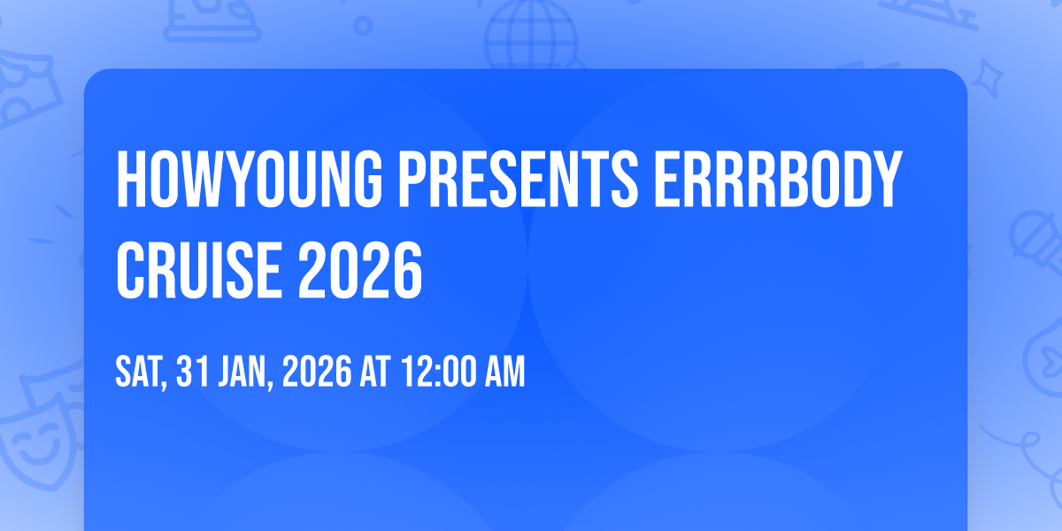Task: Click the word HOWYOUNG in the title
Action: coord(250,179)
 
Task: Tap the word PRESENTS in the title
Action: coord(519,179)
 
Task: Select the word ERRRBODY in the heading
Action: coord(778,179)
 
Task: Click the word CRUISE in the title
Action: coord(199,270)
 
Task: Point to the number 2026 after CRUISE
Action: coord(360,270)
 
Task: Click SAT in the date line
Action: coord(137,372)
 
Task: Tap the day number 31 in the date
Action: coord(193,372)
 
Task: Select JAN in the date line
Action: coord(242,372)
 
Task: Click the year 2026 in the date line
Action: coord(317,372)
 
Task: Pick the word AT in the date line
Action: coord(375,372)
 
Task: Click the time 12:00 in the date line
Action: coord(439,372)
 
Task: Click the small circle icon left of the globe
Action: coord(363,26)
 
